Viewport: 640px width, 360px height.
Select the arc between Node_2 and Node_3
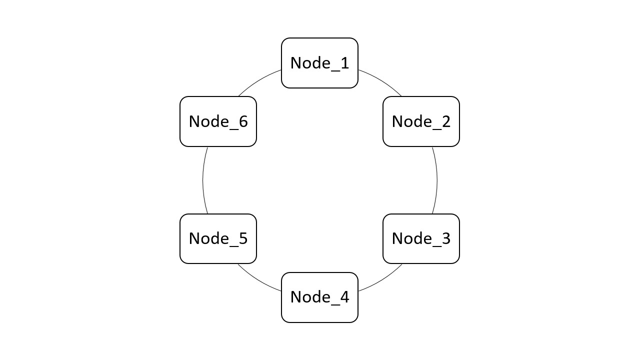pos(437,180)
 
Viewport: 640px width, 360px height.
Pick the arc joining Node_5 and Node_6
pos(203,180)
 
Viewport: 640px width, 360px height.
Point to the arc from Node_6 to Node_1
pos(258,81)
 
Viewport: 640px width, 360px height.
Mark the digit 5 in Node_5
pos(242,238)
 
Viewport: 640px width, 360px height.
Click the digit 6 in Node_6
pos(242,121)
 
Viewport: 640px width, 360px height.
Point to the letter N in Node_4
pos(296,297)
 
